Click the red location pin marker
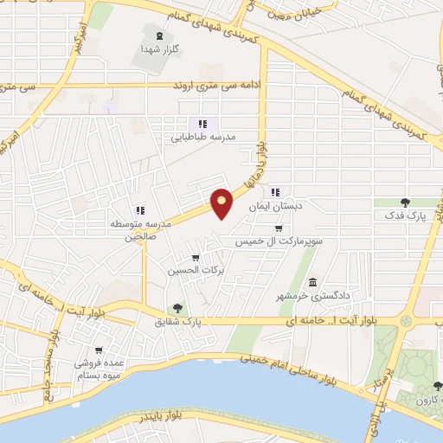point(222,202)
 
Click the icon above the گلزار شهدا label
point(158,35)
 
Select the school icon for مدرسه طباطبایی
point(202,124)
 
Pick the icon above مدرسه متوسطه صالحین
point(139,210)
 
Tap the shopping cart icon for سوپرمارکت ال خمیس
point(278,228)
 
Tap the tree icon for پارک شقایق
point(177,307)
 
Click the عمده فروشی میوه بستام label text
point(98,369)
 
